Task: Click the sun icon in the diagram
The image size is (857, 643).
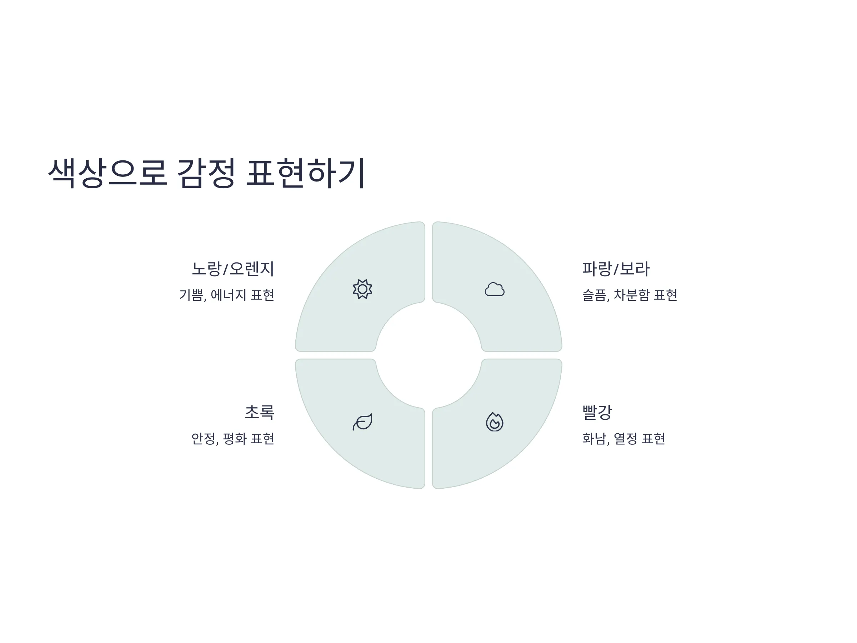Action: pyautogui.click(x=362, y=289)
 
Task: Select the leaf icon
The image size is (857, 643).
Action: pyautogui.click(x=362, y=422)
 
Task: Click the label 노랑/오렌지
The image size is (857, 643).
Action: pyautogui.click(x=233, y=269)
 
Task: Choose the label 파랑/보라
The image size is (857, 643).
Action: pyautogui.click(x=616, y=269)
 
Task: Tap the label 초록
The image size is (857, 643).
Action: pyautogui.click(x=260, y=412)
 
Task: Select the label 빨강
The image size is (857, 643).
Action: pyautogui.click(x=597, y=412)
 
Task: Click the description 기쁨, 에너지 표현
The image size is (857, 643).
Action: pyautogui.click(x=227, y=295)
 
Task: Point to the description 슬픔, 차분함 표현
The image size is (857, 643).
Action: pyautogui.click(x=630, y=295)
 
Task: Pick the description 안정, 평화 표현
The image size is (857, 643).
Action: pyautogui.click(x=233, y=438)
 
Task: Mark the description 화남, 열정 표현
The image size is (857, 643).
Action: pyautogui.click(x=623, y=438)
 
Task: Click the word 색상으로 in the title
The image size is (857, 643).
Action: pyautogui.click(x=108, y=173)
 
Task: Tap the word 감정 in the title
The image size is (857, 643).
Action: pyautogui.click(x=206, y=173)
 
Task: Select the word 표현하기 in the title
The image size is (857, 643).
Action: pyautogui.click(x=306, y=173)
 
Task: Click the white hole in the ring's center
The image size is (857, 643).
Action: pyautogui.click(x=428, y=355)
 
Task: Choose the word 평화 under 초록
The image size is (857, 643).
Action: pyautogui.click(x=235, y=438)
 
